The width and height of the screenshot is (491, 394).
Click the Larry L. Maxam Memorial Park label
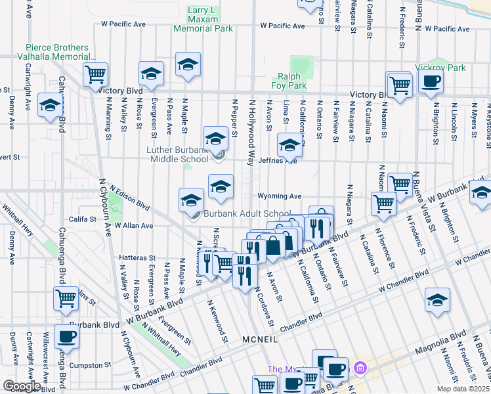point(203,19)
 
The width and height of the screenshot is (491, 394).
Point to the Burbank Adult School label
point(246,214)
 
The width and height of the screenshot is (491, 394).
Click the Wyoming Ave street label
point(279,196)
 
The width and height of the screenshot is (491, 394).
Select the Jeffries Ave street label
point(278,160)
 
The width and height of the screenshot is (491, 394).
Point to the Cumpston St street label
point(89,365)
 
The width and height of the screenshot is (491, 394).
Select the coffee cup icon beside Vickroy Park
point(431,82)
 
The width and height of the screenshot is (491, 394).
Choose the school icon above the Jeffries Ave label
point(289,144)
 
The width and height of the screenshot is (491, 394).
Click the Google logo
point(22,386)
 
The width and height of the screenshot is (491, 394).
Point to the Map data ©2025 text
point(462,389)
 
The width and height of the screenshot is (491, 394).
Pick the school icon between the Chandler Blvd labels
point(438,300)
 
